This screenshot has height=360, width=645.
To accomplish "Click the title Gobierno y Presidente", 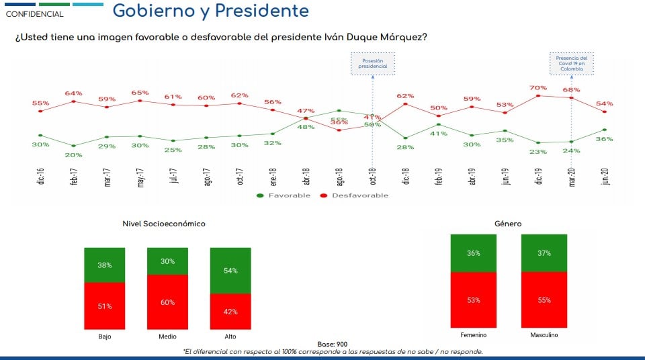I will coord(210,11).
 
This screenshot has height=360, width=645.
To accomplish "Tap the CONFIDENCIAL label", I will coord(35,14).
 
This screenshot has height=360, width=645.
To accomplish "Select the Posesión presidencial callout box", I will coord(373,64).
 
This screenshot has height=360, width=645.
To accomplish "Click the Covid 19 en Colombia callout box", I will coord(572,63).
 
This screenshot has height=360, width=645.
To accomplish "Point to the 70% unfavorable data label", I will coord(537,88).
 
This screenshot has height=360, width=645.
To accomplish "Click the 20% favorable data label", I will coord(74,154).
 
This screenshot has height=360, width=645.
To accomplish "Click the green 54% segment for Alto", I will coord(230,270).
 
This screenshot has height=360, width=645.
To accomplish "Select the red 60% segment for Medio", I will coord(167,302).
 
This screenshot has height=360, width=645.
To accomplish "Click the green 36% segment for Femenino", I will coord(474,253).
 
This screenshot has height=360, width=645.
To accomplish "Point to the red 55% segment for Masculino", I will coord(544,300).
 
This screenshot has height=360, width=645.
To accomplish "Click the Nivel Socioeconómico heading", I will coord(164,224).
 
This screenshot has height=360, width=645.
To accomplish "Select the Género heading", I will coord(508,224).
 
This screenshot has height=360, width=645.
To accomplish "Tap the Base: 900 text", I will coord(332,344).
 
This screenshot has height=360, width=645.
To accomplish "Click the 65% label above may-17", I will coord(140,93).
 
